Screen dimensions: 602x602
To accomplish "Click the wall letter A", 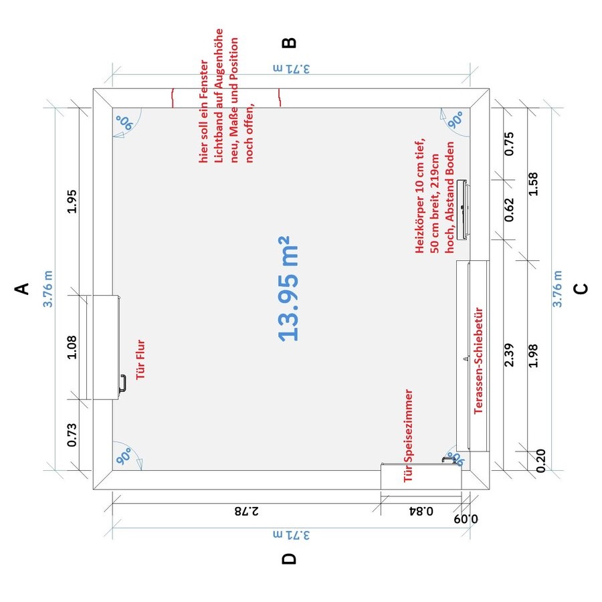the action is coord(22,289).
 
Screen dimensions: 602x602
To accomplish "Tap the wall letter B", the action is coord(289,42).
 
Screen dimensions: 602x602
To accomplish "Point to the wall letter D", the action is coord(289,559).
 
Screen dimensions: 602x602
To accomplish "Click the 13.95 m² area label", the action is coord(288,289).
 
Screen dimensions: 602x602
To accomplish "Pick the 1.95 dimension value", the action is coord(72,201).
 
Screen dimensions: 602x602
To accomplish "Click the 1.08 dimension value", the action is coord(72,347).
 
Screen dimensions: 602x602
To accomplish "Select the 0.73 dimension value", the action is coord(72,435).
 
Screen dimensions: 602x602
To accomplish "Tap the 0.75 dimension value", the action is coord(509,144).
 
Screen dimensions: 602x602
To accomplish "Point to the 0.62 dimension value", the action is coord(509,209).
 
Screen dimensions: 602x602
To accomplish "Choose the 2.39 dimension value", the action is coord(509,355).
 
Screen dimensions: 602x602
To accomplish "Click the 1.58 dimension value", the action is coord(533,185).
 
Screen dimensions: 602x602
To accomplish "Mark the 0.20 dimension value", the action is coord(540,461).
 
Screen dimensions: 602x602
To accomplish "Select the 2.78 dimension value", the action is coord(247,511).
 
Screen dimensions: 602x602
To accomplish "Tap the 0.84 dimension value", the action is coord(421,511).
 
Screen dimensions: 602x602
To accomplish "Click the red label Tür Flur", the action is coord(140,360).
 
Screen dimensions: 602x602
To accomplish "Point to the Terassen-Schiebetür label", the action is coord(478,361).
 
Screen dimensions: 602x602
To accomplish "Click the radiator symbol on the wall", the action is coord(462,209).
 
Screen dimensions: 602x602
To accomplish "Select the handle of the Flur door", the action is coord(123,383).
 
